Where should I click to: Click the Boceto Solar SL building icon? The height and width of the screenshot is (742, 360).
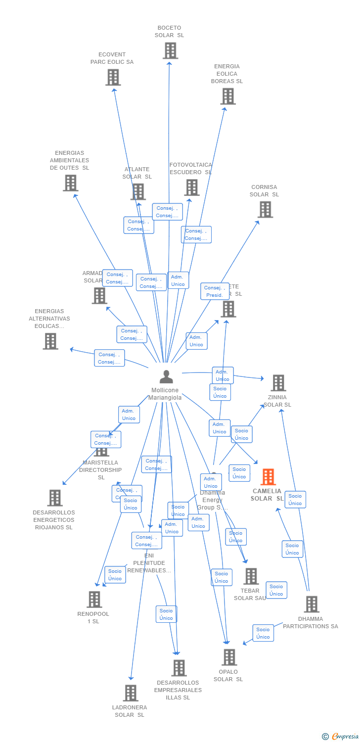coord(170,50)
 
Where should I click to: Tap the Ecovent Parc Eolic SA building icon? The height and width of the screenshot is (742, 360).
coord(113,77)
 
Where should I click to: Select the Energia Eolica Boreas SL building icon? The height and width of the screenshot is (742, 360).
coord(227,96)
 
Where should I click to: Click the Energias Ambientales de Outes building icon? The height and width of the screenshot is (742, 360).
coord(70,183)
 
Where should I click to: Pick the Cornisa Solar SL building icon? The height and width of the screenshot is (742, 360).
coord(265,209)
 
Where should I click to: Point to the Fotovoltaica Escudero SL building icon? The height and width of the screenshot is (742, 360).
coord(192,187)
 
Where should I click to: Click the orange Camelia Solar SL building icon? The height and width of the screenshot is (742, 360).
coord(268,477)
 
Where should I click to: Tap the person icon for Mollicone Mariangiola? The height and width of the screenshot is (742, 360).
coord(166,377)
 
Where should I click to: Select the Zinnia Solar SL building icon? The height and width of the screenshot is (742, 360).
coord(278,383)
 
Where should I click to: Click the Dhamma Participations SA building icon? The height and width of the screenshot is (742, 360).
coord(311,604)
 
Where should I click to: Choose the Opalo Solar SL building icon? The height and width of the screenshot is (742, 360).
coord(229,657)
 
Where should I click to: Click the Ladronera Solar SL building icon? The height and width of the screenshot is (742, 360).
coord(131,693)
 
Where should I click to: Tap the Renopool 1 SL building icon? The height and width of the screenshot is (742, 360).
coord(94,599)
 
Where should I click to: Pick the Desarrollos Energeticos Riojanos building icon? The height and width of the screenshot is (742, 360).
coord(54,498)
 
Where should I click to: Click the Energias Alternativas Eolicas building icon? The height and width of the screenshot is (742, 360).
coord(50,341)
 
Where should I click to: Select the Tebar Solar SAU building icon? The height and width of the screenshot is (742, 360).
coord(251,576)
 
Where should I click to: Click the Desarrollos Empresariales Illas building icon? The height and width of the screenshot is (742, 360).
coord(179,668)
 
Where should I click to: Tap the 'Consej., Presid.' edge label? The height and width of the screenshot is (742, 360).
coord(215,291)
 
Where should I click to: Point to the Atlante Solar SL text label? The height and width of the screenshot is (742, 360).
coord(137,173)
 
